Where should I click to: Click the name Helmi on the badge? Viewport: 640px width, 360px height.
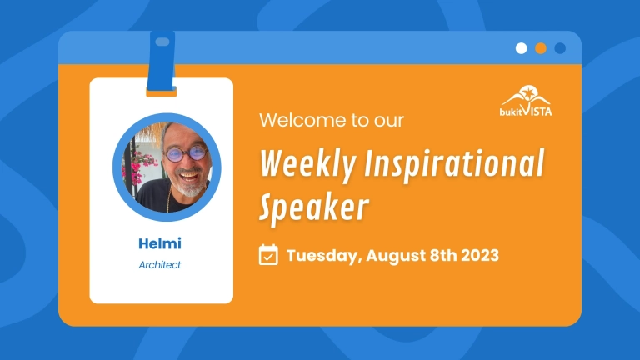[160, 243]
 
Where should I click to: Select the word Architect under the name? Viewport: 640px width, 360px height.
[160, 265]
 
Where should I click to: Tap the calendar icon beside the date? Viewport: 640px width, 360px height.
[268, 255]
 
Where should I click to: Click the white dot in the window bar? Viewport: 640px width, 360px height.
[521, 48]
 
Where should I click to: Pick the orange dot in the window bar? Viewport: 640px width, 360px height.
[541, 48]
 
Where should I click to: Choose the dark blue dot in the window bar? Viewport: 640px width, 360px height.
[560, 48]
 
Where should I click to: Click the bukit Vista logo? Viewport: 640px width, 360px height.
[526, 101]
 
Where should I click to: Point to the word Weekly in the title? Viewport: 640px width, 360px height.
[307, 164]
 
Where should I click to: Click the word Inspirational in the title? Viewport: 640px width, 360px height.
[454, 164]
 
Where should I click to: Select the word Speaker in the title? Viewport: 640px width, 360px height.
[314, 207]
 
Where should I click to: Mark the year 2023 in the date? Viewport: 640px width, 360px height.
[480, 255]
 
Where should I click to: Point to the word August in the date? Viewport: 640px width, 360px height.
[396, 256]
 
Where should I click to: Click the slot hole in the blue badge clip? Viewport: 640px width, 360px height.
[162, 42]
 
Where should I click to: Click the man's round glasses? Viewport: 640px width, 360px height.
[186, 153]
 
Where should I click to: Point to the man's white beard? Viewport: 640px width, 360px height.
[189, 187]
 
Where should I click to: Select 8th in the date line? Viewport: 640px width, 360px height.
[443, 255]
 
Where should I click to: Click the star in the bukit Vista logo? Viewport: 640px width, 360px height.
[528, 93]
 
